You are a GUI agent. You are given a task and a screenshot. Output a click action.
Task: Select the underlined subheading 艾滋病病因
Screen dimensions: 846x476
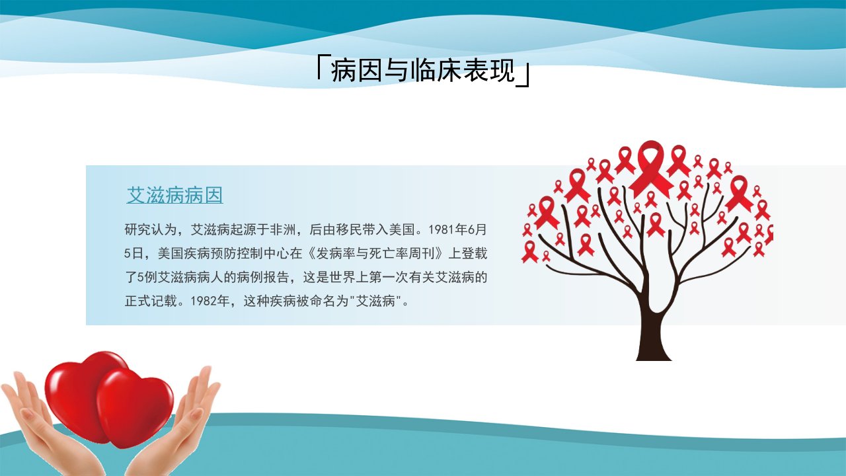click(174, 195)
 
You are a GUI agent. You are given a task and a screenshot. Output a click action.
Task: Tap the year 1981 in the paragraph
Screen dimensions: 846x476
click(442, 229)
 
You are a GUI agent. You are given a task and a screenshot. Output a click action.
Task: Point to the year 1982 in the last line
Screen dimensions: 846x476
click(204, 301)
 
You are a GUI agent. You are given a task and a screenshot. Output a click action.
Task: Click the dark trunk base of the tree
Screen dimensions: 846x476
click(654, 348)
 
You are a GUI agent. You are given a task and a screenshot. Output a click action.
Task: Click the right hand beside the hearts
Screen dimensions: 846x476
click(178, 427)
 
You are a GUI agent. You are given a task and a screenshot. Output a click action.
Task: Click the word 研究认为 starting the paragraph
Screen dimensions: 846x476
click(150, 229)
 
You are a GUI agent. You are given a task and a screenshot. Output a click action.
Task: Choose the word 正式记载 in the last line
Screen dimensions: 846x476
click(150, 301)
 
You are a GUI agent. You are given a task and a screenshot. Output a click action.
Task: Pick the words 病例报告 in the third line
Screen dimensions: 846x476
click(263, 277)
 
